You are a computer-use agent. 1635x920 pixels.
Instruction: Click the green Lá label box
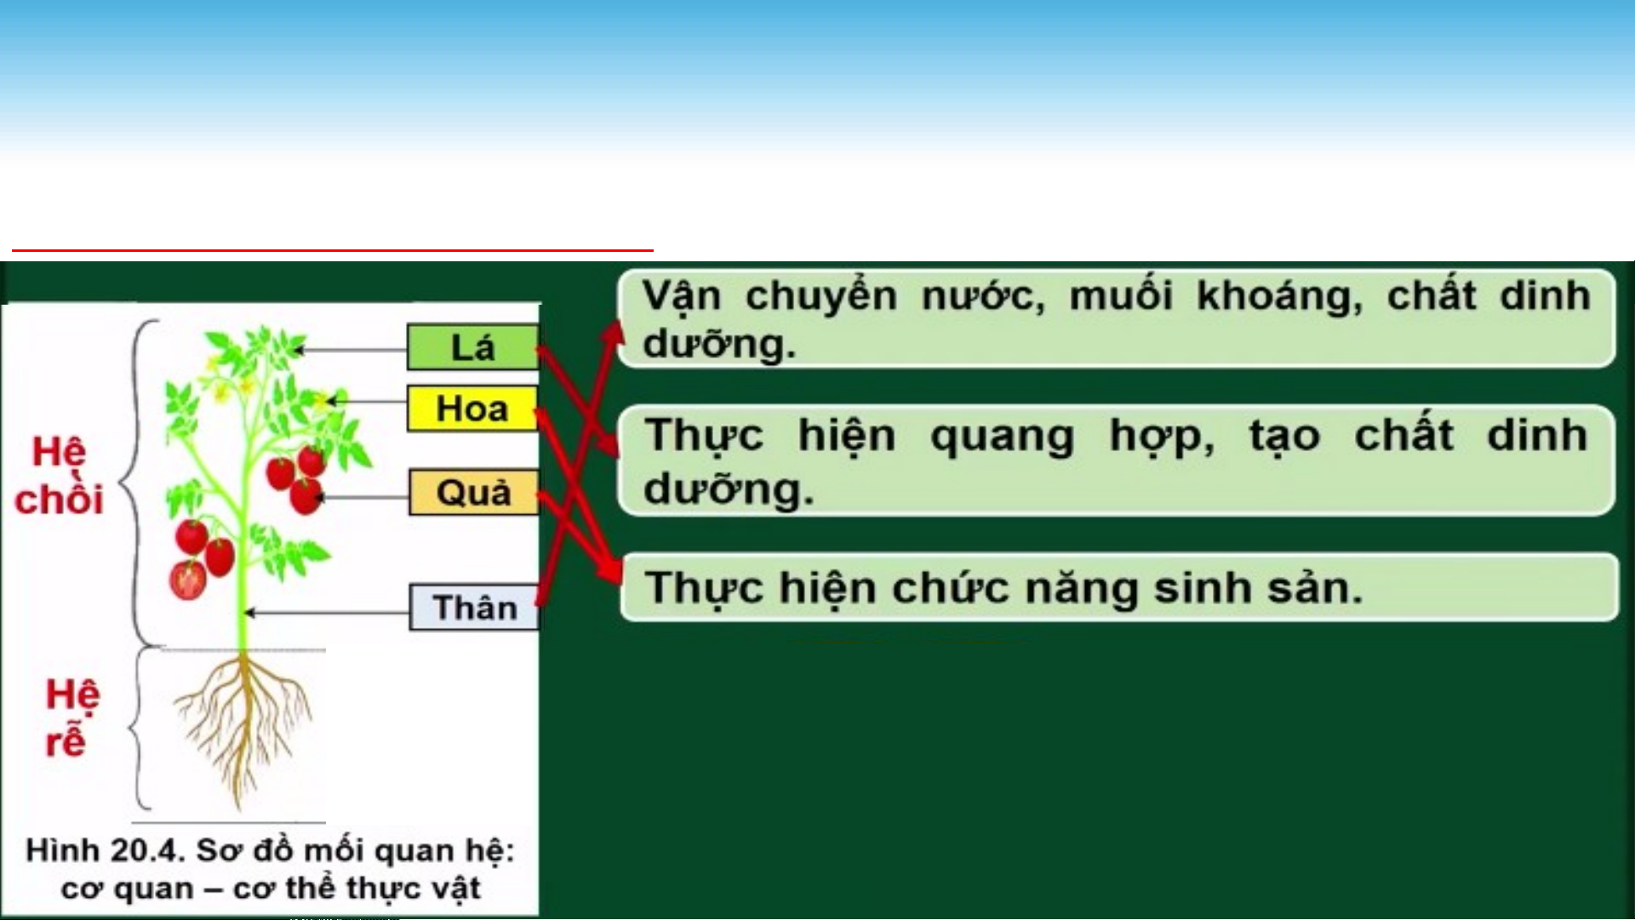point(472,347)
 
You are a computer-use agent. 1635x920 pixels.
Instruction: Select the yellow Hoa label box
point(472,409)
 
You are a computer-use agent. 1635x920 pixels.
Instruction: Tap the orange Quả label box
point(474,493)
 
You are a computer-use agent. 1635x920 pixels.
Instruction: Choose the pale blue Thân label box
point(474,608)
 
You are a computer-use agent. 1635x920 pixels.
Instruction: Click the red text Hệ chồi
point(59,476)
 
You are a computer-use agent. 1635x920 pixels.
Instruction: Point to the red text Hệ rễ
point(71,717)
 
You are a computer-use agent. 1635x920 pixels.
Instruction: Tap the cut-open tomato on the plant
point(188,580)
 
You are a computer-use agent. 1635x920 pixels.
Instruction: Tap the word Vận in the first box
point(681,295)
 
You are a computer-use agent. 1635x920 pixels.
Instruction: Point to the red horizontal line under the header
point(333,251)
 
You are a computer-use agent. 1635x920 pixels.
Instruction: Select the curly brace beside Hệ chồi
point(134,482)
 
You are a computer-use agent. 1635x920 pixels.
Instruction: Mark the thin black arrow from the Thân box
point(327,613)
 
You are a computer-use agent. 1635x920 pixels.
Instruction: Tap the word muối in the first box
point(1121,295)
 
